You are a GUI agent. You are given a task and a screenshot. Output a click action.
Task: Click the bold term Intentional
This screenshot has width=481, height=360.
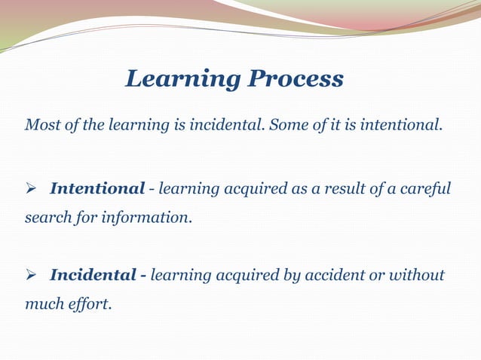coord(97,188)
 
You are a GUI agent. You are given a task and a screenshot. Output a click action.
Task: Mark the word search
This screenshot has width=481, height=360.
coord(44,218)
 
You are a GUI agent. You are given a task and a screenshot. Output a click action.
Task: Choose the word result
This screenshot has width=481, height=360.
coord(344,188)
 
